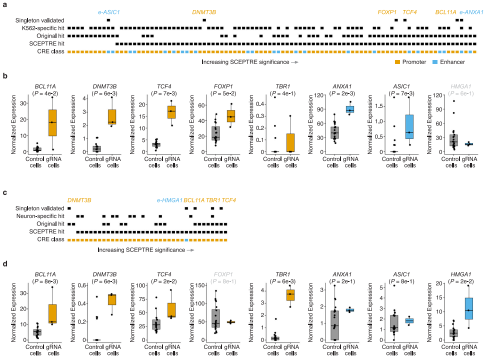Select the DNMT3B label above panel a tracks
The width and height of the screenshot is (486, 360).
coord(204,11)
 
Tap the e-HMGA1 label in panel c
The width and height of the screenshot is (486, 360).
coord(169,200)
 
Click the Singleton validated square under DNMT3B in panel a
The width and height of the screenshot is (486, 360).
coord(204,20)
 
